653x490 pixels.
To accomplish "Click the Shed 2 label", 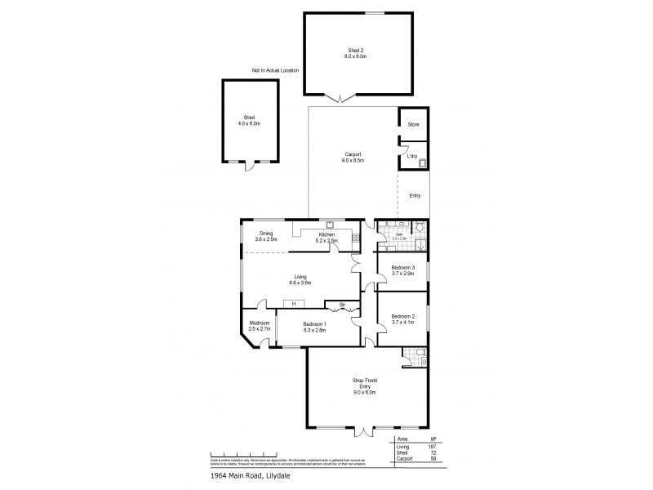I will click(x=357, y=53).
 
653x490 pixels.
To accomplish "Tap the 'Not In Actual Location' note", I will click(x=275, y=71).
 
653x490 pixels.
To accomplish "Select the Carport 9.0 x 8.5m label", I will click(x=352, y=158).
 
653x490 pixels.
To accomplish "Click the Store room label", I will click(x=413, y=125).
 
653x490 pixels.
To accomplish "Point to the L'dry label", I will click(x=412, y=155).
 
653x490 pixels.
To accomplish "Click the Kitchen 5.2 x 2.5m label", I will click(x=327, y=237).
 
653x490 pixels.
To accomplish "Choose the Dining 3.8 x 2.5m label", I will click(x=266, y=237).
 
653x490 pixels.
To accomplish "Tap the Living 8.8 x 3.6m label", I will click(x=300, y=279).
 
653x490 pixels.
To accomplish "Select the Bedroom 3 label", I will click(x=402, y=270).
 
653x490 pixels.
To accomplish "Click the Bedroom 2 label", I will click(x=402, y=319).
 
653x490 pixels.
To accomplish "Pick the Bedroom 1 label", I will click(x=314, y=327).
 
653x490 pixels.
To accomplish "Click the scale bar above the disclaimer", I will click(x=243, y=452).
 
